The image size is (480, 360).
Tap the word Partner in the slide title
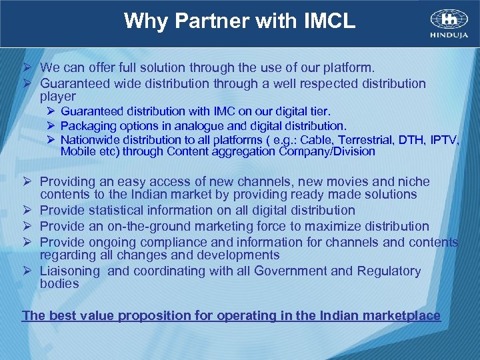pyautogui.click(x=203, y=21)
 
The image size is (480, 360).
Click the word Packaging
pyautogui.click(x=88, y=126)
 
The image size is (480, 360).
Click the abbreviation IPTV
pyautogui.click(x=444, y=139)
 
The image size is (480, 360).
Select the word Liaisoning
pyautogui.click(x=70, y=271)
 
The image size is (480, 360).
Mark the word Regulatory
pyautogui.click(x=389, y=271)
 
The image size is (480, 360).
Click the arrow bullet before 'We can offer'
pyautogui.click(x=28, y=68)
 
